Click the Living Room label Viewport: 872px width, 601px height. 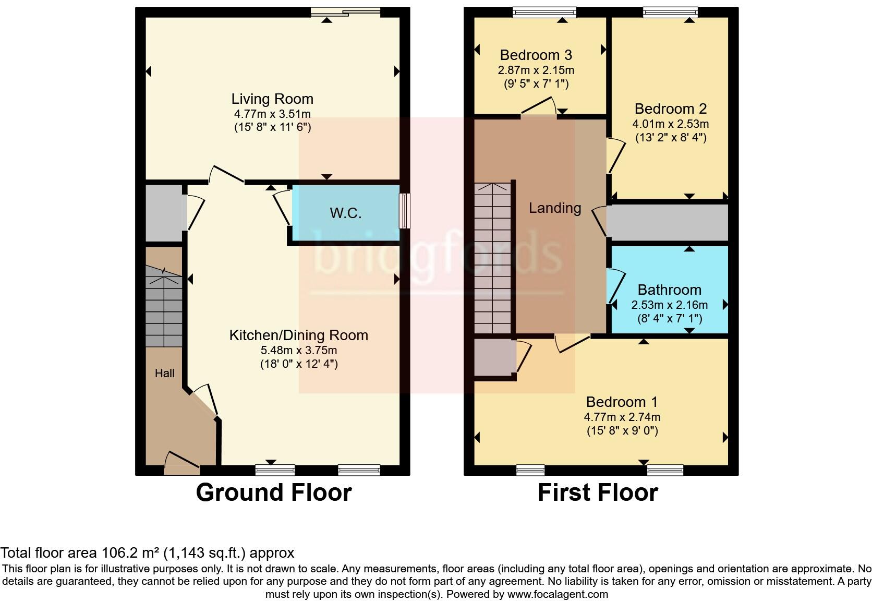(272, 99)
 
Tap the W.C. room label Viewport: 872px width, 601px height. (345, 213)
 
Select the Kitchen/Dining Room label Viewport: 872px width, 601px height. (298, 335)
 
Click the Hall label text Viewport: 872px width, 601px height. (164, 373)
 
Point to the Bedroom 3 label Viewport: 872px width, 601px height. (536, 55)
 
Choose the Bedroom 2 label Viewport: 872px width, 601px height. (670, 109)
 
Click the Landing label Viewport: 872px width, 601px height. (554, 208)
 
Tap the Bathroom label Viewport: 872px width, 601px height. (669, 290)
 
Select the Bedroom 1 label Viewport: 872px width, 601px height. (622, 402)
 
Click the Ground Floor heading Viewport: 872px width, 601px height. (273, 492)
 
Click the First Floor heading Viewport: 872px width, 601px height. (598, 492)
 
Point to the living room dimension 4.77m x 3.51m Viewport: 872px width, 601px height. (272, 114)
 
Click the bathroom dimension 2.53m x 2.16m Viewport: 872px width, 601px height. (669, 305)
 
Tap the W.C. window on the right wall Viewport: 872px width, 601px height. (404, 211)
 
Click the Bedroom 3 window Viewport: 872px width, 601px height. (544, 13)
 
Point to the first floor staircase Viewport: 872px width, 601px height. (492, 258)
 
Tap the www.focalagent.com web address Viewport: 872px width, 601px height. (558, 594)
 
